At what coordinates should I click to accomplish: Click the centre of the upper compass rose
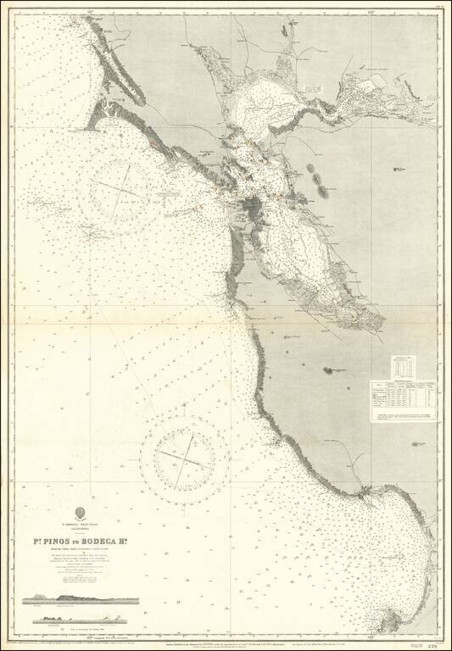126,183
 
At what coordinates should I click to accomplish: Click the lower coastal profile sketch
81,619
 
